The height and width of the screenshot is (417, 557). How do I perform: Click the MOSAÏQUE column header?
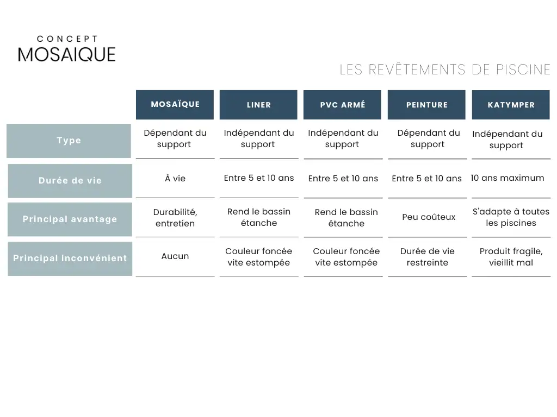tap(175, 105)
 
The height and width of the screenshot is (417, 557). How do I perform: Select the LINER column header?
tap(258, 105)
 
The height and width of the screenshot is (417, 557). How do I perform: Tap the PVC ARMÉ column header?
tap(343, 105)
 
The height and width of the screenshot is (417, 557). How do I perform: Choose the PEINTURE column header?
tap(426, 105)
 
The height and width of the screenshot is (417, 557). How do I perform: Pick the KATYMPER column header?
tap(511, 105)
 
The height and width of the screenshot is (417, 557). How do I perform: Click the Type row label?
tap(69, 141)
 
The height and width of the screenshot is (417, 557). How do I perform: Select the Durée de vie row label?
tap(70, 181)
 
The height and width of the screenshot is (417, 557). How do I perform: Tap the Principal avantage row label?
tap(70, 219)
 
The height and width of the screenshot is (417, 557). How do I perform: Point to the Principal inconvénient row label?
tap(70, 258)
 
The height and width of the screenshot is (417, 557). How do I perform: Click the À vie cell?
tap(175, 178)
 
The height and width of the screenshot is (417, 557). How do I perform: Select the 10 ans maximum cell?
tap(508, 178)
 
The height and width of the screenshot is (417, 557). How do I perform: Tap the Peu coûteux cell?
tap(429, 217)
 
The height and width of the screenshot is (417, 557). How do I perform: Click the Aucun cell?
tap(175, 256)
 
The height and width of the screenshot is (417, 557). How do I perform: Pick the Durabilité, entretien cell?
tap(175, 218)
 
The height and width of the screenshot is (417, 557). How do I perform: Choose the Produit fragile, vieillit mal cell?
tap(511, 257)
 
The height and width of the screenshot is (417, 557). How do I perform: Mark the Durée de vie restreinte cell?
tap(428, 257)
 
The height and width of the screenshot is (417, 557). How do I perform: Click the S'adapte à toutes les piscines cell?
tap(511, 217)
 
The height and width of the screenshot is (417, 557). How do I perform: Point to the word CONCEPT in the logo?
tap(67, 39)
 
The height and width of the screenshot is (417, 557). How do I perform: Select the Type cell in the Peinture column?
tap(429, 138)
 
